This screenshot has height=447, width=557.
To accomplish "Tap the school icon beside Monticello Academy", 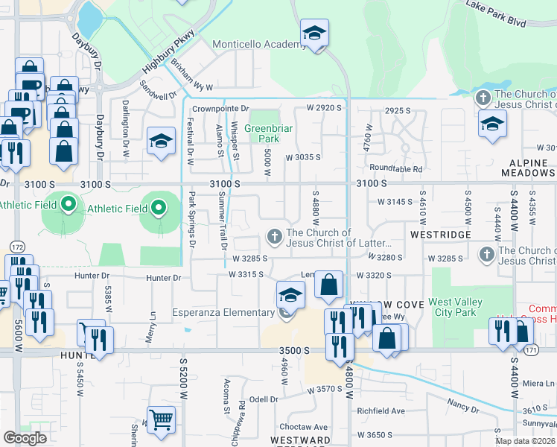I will point(314,34).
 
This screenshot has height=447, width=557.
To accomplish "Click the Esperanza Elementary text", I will point(223,313).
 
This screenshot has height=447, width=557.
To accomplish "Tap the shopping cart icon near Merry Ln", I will point(161,420).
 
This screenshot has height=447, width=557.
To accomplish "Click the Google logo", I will point(25,437).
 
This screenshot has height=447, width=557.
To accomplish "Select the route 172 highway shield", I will point(16,246).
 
